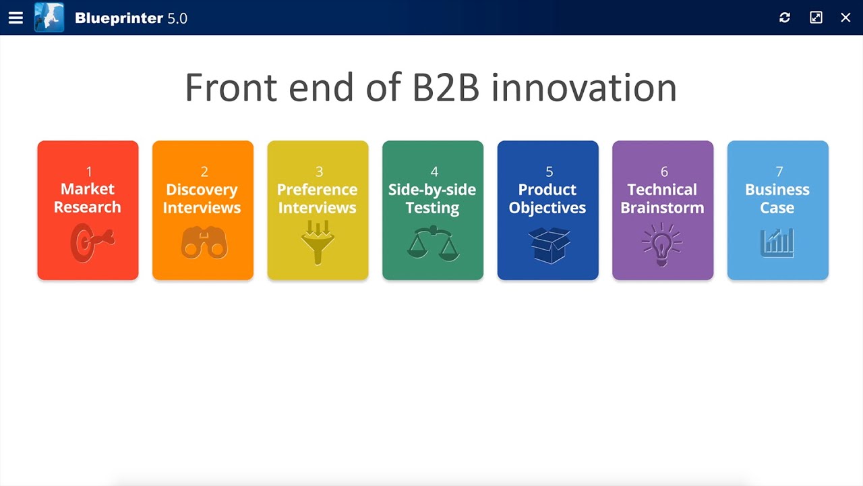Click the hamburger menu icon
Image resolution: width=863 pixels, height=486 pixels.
click(16, 18)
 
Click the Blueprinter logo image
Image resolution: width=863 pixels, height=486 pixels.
click(49, 18)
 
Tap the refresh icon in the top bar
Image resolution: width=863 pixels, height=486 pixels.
click(785, 18)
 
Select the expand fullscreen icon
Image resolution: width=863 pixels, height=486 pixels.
click(816, 18)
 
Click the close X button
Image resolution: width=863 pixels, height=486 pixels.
click(845, 18)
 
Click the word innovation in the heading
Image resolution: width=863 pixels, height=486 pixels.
click(584, 88)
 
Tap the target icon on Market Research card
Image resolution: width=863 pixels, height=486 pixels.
click(91, 243)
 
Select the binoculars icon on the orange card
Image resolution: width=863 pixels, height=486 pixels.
click(203, 243)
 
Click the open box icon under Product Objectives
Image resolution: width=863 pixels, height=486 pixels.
click(549, 244)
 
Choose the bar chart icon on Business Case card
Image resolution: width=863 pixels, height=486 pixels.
click(777, 243)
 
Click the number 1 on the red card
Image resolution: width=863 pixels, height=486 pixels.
click(88, 171)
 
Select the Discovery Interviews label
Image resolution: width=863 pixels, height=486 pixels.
click(202, 198)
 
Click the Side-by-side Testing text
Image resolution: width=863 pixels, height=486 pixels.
click(432, 198)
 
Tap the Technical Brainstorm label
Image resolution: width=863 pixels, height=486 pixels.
click(662, 198)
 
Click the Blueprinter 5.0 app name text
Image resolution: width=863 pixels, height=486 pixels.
click(131, 18)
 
